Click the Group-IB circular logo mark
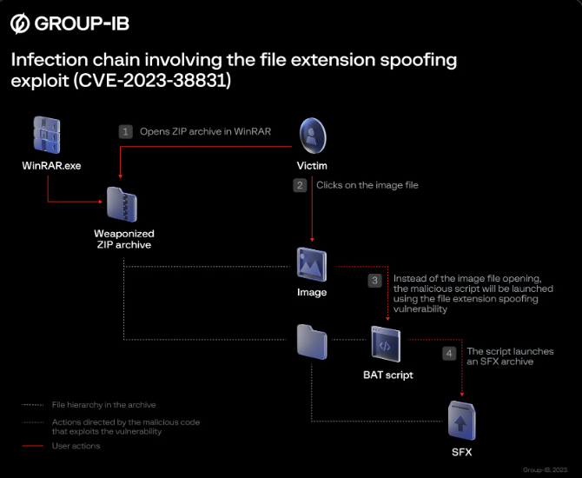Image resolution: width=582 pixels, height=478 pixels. point(20,23)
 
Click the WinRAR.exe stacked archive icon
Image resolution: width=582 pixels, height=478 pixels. point(47,136)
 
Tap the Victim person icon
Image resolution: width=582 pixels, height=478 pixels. point(313,136)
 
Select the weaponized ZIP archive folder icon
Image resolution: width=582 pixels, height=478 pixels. point(122,204)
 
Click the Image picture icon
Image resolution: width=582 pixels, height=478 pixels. point(312,265)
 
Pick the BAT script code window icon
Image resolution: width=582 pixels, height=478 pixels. point(386,344)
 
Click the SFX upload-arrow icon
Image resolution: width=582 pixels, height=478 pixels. point(461,421)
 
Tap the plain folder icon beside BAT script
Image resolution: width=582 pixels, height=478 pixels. point(312,342)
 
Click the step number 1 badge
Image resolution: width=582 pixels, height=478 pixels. point(126,131)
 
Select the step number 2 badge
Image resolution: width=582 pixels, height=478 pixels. point(300,185)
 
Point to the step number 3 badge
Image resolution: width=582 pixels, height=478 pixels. point(375,281)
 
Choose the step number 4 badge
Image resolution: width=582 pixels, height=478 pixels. point(449,353)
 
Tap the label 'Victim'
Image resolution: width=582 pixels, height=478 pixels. point(312,166)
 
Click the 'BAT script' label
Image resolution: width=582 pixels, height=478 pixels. point(388,375)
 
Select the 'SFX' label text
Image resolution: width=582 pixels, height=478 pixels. point(462,452)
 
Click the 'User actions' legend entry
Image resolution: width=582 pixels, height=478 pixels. point(76,446)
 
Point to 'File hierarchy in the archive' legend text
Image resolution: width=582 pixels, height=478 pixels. point(104,405)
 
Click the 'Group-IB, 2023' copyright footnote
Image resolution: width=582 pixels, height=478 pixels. point(546,470)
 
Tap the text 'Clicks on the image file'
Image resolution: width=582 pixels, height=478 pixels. point(367,185)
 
